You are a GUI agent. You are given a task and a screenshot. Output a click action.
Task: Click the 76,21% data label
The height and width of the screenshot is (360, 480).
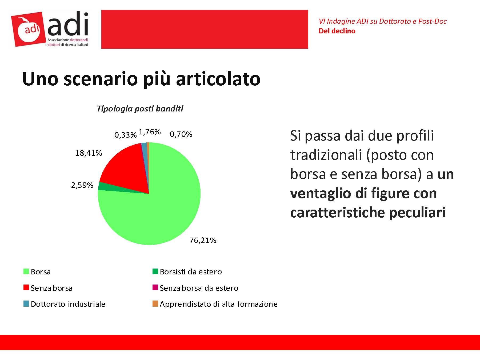pyautogui.click(x=203, y=241)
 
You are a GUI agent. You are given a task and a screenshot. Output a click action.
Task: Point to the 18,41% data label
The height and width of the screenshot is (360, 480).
pyautogui.click(x=89, y=153)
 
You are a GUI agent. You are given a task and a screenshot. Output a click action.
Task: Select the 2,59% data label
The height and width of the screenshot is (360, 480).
pyautogui.click(x=82, y=185)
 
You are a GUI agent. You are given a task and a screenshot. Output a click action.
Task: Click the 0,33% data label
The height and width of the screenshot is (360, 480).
pyautogui.click(x=125, y=135)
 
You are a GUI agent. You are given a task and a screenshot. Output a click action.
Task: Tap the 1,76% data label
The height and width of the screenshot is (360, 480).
pyautogui.click(x=150, y=132)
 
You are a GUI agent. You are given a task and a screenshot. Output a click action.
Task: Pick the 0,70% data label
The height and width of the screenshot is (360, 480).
pyautogui.click(x=181, y=134)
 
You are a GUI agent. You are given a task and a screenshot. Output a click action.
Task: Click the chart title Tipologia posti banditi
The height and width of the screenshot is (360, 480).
pyautogui.click(x=140, y=109)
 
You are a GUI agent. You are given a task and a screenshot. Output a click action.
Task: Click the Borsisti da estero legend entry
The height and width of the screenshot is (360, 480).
pyautogui.click(x=191, y=272)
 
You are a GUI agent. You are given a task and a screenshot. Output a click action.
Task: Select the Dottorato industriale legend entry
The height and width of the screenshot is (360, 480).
pyautogui.click(x=68, y=304)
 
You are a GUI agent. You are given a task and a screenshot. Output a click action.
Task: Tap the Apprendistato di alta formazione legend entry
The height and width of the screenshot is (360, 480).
pyautogui.click(x=218, y=304)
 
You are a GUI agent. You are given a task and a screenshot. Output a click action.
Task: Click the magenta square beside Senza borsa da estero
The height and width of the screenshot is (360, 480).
pyautogui.click(x=155, y=287)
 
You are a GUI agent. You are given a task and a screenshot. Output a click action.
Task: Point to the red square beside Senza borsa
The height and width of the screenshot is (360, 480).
pyautogui.click(x=26, y=287)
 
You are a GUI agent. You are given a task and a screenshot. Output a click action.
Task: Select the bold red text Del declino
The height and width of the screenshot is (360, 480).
pyautogui.click(x=337, y=31)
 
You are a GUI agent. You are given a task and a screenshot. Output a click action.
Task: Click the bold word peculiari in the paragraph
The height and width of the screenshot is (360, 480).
pyautogui.click(x=417, y=213)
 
